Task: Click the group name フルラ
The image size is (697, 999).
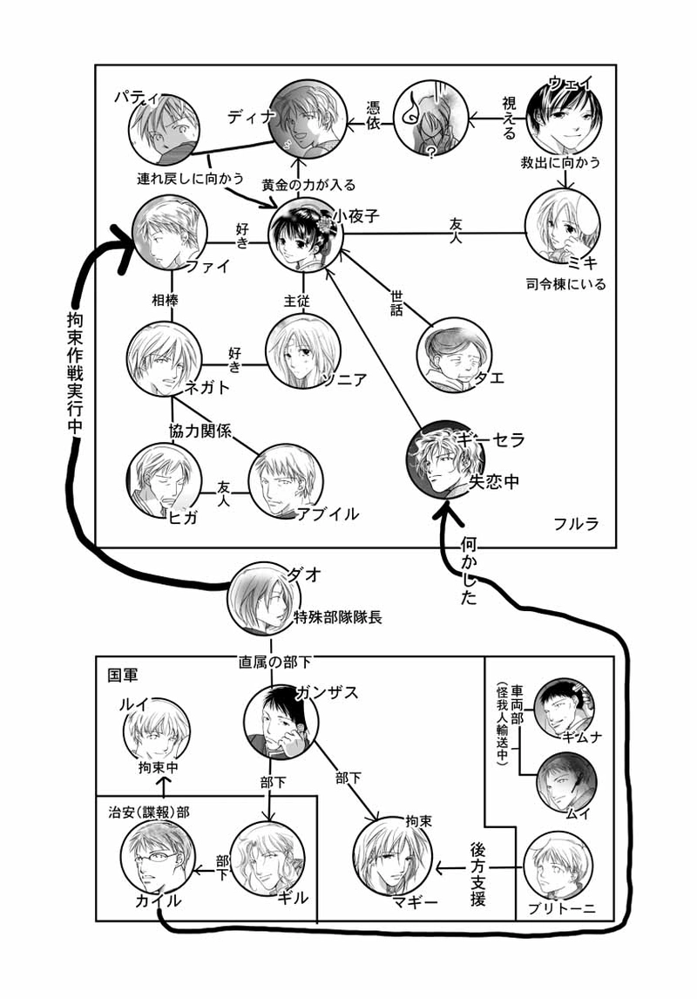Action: pos(573,525)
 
